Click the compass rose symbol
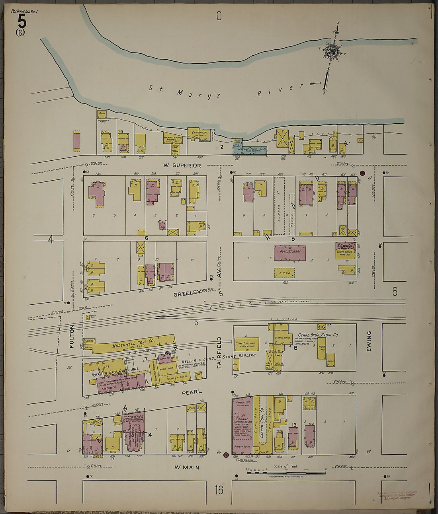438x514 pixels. [x=332, y=51]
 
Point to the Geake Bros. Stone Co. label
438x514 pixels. [x=319, y=335]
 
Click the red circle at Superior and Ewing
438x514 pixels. [x=362, y=173]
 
